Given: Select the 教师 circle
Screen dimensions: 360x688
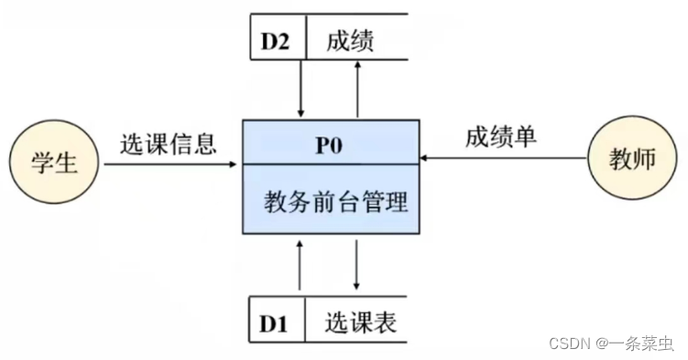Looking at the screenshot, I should tap(632, 158).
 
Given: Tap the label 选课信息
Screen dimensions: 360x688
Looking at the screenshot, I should tap(168, 144).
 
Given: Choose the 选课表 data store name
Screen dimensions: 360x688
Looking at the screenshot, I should tap(360, 323).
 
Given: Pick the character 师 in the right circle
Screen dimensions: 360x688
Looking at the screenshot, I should tap(644, 158).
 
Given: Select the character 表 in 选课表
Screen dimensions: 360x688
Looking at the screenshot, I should tap(384, 323).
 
